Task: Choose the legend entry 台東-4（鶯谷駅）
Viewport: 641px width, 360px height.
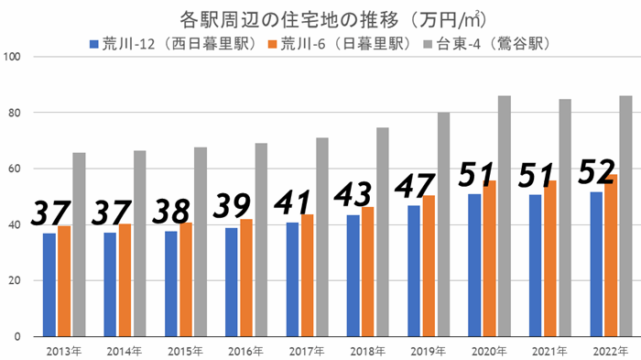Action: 494,43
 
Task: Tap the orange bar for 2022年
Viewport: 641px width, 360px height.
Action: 612,256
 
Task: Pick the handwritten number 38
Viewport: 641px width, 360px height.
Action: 172,210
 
